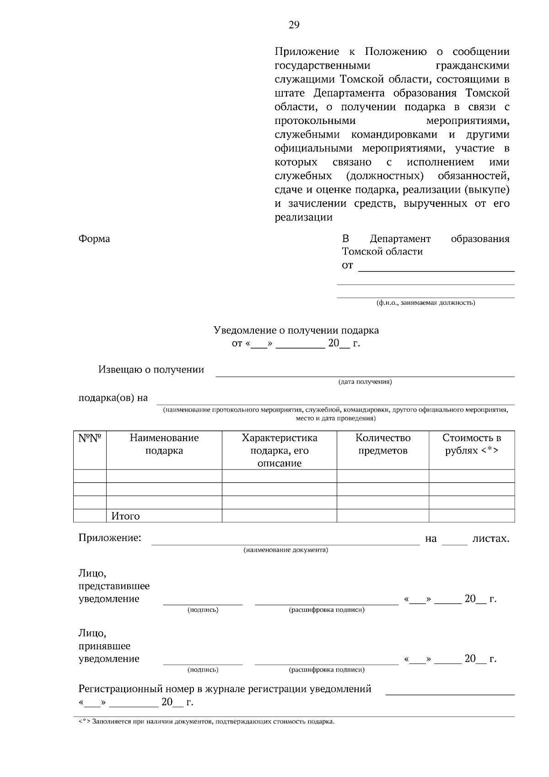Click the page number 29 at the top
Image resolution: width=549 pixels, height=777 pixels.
point(294,25)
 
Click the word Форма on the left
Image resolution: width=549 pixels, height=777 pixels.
point(94,239)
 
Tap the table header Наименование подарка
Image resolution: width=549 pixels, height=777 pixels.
point(164,444)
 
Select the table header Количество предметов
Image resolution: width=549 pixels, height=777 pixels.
point(383,444)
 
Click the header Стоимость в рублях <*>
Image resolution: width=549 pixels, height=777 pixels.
point(472,444)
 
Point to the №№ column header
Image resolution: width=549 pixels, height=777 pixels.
point(90,438)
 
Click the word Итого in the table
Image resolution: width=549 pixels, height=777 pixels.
point(125,516)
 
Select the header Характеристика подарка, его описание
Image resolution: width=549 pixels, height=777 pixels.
point(280,451)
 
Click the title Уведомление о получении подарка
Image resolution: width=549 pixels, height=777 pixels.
point(296,330)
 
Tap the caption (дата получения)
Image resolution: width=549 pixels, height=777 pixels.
point(365,382)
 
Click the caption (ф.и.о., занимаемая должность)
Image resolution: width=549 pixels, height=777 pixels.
point(425,303)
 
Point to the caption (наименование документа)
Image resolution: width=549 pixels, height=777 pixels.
point(285,550)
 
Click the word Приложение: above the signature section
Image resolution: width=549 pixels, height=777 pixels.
point(110,538)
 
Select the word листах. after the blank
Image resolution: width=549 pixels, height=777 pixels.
point(490,539)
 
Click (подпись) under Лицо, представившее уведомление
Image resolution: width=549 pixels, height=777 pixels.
point(203,610)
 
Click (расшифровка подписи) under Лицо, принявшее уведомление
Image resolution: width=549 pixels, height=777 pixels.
point(327,670)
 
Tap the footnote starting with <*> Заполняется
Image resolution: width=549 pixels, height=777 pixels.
point(206,722)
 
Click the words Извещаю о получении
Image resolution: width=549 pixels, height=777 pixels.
point(151,370)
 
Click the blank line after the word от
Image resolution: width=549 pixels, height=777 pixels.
point(436,267)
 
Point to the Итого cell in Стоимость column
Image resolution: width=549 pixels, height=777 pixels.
point(472,516)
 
